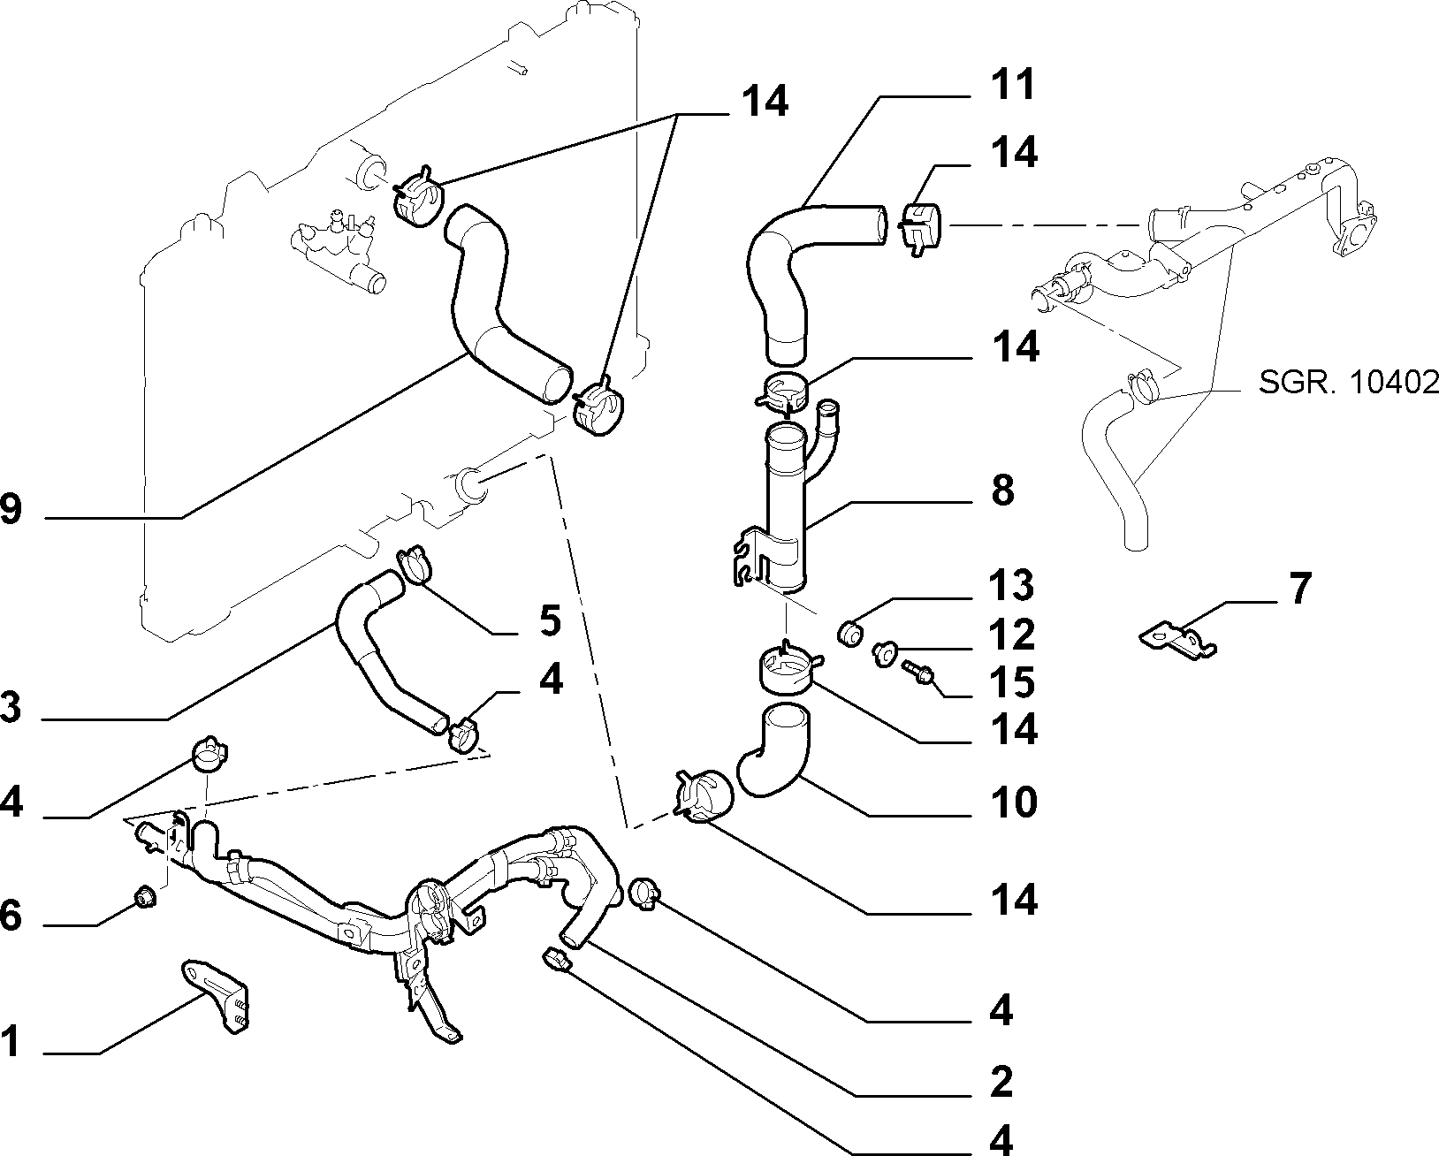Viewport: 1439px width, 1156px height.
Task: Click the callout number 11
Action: (x=1013, y=84)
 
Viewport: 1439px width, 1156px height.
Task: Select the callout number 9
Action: (x=11, y=509)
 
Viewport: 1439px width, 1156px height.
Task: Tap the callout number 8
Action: (x=1002, y=491)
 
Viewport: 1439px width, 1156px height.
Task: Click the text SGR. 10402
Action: (x=1348, y=383)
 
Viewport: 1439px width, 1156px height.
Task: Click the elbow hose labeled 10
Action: (x=776, y=752)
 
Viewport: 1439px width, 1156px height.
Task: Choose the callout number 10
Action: (x=1014, y=802)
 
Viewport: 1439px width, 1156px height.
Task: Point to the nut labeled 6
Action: (x=144, y=896)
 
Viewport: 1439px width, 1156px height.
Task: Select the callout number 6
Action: (x=11, y=916)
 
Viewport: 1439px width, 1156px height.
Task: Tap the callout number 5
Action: (x=550, y=620)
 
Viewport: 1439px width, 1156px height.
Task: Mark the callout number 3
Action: (x=11, y=707)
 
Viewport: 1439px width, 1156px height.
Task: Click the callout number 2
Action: (x=1001, y=1083)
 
